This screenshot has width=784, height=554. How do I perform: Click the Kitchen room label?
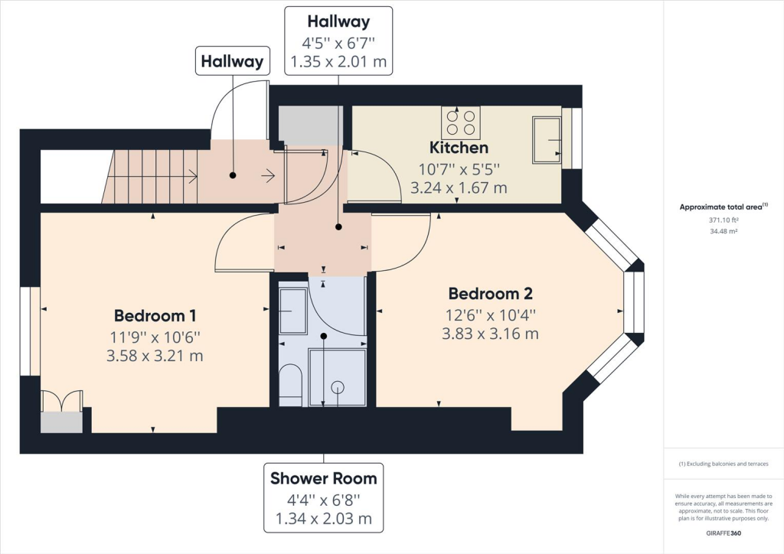click(459, 148)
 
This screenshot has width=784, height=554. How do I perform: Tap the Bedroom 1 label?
click(155, 316)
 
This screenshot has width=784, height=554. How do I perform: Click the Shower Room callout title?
click(324, 478)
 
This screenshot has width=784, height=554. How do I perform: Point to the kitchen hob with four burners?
click(460, 123)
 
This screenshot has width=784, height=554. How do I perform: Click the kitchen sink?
click(547, 140)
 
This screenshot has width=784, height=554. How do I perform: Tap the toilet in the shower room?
click(290, 385)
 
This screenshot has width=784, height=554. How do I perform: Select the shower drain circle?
click(338, 387)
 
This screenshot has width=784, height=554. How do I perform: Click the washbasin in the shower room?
click(293, 311)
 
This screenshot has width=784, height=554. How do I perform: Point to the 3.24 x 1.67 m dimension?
click(459, 187)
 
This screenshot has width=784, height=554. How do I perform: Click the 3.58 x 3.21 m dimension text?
click(155, 356)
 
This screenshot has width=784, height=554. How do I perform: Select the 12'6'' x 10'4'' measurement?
click(491, 315)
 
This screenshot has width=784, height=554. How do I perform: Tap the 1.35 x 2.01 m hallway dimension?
click(338, 61)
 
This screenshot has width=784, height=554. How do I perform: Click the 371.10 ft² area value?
click(724, 220)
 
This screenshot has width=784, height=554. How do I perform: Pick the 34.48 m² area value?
click(724, 231)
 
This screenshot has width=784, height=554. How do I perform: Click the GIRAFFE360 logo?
click(724, 533)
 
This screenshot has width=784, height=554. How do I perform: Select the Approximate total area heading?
click(724, 207)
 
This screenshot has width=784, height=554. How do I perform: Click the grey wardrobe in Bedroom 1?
click(61, 422)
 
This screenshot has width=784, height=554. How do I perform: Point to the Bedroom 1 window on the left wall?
click(30, 331)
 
